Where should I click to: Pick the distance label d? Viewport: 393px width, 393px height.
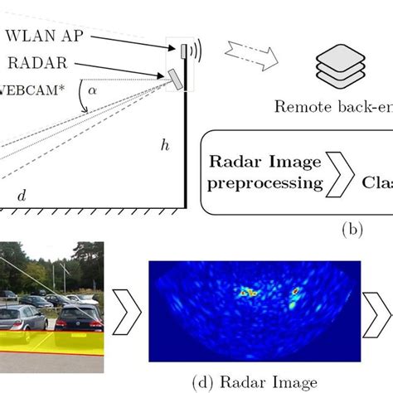point(22,195)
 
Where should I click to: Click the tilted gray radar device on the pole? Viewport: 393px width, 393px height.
point(174,78)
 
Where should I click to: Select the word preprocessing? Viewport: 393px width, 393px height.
point(262,182)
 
